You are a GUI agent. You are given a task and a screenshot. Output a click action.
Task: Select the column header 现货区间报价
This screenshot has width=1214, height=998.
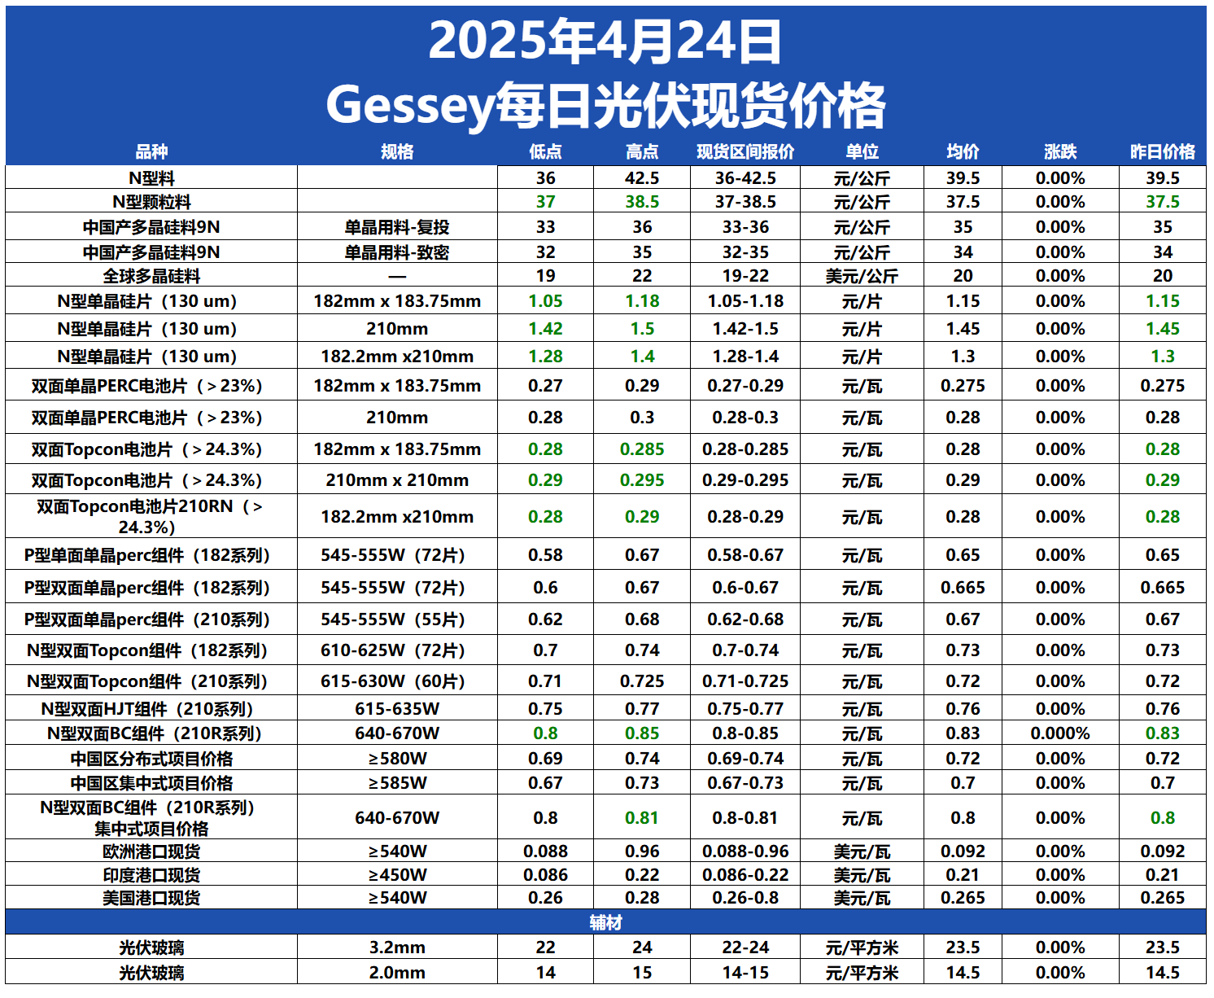pos(745,151)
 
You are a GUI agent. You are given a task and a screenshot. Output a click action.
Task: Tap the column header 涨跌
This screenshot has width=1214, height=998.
pos(1059,151)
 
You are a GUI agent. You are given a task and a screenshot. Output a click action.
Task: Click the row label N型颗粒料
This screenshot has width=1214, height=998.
pos(151,202)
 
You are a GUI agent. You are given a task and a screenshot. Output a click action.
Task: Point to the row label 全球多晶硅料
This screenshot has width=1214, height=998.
pos(151,276)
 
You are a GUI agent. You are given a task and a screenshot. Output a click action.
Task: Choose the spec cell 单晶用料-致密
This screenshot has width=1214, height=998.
pos(396,252)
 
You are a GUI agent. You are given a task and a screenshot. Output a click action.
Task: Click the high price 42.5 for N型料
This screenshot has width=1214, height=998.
pos(642,178)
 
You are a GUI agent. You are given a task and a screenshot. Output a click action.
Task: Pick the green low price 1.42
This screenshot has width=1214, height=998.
pos(545,329)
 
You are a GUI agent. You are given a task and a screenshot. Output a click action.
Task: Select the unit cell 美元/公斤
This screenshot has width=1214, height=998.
pos(862,276)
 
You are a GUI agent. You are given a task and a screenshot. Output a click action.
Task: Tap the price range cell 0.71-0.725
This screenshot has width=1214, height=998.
pos(745,681)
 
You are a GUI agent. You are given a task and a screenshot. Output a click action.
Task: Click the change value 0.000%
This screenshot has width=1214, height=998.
pos(1059,733)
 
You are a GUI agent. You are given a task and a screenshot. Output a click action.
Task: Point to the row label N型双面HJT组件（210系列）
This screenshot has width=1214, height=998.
pos(151,709)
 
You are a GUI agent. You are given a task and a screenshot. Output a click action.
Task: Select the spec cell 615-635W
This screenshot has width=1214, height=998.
pos(396,709)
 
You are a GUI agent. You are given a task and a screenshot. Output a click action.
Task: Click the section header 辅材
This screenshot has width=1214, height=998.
pos(605,922)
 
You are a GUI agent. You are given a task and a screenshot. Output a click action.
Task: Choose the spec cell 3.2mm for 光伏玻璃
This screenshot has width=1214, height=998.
pos(396,948)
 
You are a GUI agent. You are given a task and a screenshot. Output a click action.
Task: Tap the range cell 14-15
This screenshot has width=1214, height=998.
pos(745,973)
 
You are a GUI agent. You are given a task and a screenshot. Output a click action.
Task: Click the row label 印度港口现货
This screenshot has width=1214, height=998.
pos(151,875)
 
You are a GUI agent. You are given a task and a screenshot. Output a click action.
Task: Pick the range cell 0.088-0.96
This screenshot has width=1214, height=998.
pos(745,851)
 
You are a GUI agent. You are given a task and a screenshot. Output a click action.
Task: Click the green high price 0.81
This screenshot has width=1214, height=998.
pos(642,818)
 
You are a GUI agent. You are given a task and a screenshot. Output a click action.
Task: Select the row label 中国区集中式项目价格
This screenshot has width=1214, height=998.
pos(151,783)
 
